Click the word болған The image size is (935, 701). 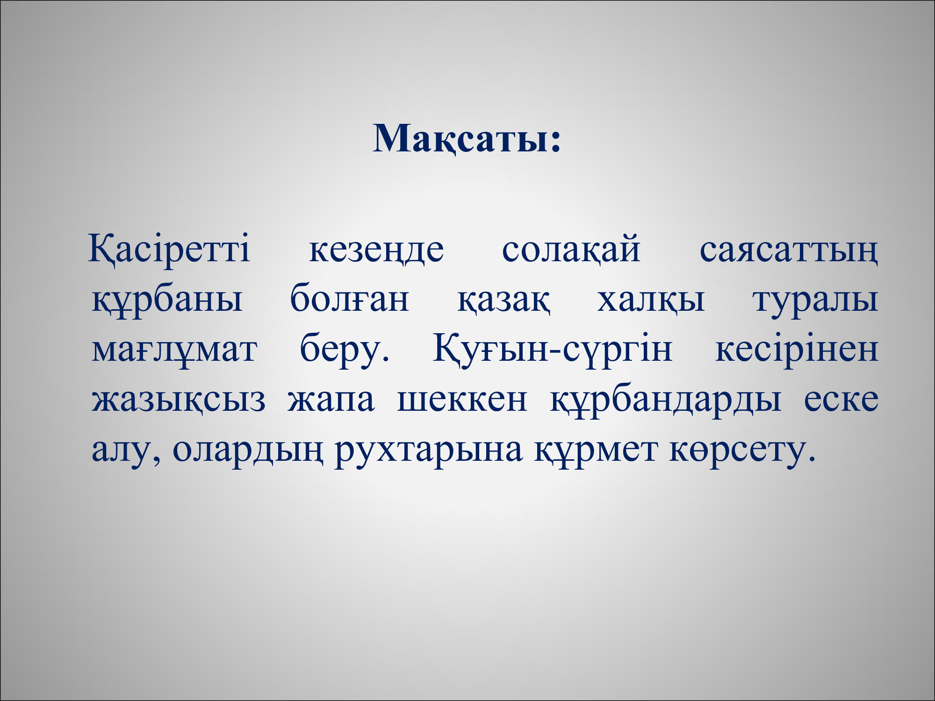pyautogui.click(x=350, y=297)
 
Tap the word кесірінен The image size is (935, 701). pyautogui.click(x=797, y=349)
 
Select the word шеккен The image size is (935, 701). pyautogui.click(x=462, y=401)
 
